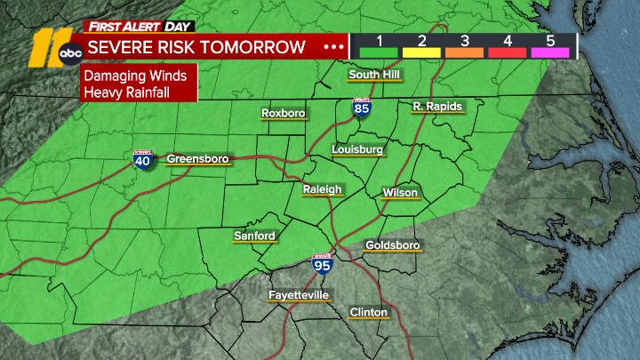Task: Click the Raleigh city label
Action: (x=322, y=189)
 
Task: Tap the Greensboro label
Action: (x=197, y=159)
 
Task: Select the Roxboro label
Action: (x=283, y=113)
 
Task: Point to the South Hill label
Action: (x=374, y=74)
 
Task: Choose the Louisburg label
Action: (x=356, y=149)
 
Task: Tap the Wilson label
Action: (x=399, y=193)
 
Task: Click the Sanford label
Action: (x=254, y=236)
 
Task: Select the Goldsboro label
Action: (x=392, y=244)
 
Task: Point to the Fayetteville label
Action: (x=299, y=294)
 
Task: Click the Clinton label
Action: (x=368, y=312)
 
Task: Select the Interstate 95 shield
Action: (x=322, y=264)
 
